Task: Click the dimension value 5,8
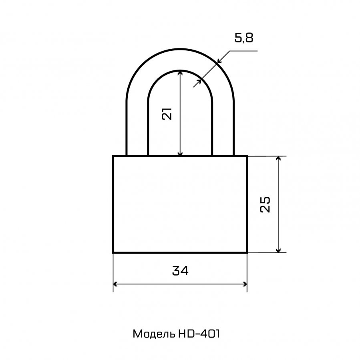coord(244,38)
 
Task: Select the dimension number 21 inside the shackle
coord(167,114)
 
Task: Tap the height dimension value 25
coord(265,204)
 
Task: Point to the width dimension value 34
coord(180,270)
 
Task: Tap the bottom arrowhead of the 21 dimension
coord(180,153)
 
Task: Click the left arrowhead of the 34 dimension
coord(116,284)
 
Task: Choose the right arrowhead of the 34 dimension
coord(244,284)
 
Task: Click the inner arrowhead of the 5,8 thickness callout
coord(199,82)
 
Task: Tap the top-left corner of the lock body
coord(113,156)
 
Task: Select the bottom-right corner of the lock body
coord(247,252)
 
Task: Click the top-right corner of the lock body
coord(247,156)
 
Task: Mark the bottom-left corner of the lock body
coord(113,252)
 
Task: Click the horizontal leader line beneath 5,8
coord(243,51)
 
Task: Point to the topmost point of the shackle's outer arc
coord(180,49)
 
